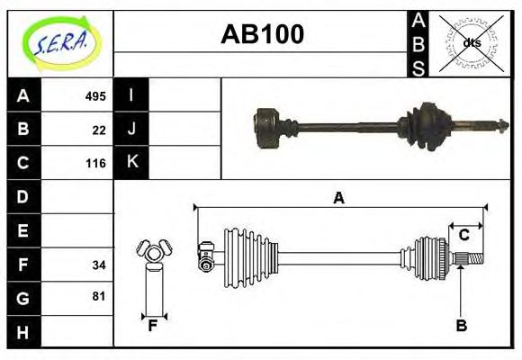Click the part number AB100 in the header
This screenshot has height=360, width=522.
(262, 35)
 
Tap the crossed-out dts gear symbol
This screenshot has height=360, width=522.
(470, 42)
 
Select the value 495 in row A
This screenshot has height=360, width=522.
(95, 95)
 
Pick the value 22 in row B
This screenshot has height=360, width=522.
(99, 130)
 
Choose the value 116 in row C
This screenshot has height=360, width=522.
(95, 164)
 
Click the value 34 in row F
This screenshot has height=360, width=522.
(99, 265)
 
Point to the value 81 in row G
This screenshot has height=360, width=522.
(99, 295)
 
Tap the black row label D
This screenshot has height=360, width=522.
(23, 196)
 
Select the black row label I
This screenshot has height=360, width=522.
(131, 95)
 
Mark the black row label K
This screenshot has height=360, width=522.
(131, 162)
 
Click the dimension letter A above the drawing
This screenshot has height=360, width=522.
(338, 198)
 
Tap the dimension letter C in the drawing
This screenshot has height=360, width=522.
(463, 236)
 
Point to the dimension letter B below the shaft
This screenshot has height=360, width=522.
(461, 326)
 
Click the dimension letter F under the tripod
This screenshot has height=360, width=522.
(153, 326)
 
